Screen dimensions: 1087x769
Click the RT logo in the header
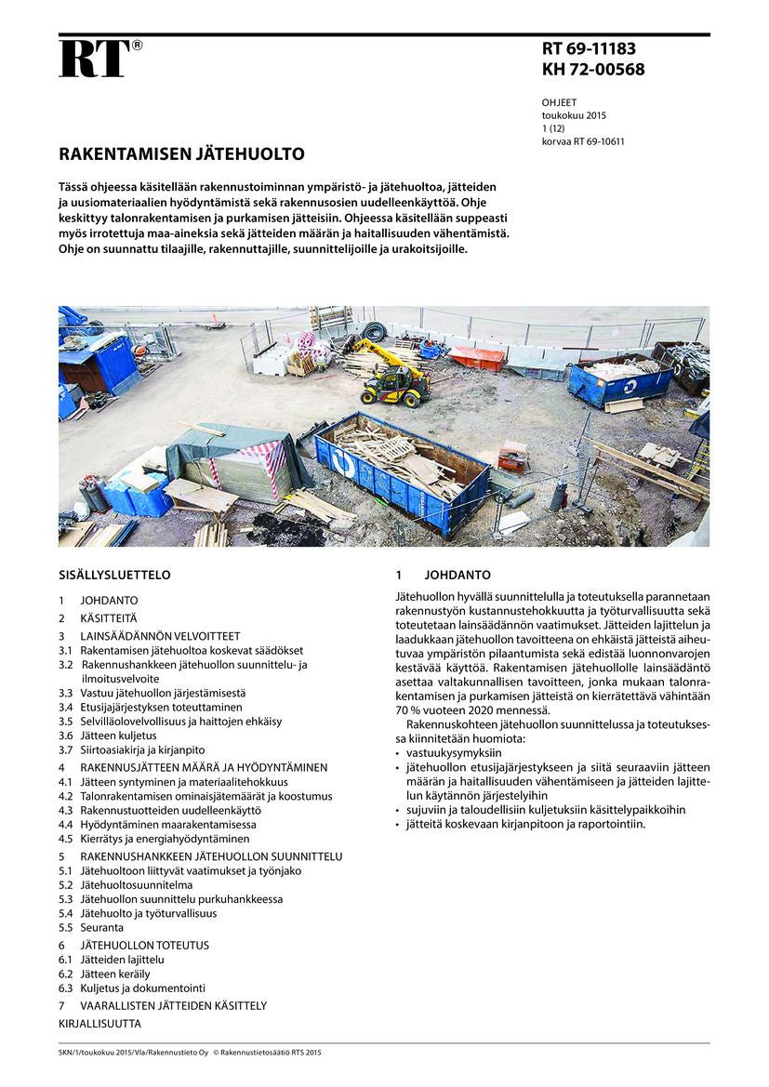[x=93, y=59]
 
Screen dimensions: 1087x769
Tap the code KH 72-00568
[x=594, y=70]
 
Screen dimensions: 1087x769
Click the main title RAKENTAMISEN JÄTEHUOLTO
[x=181, y=152]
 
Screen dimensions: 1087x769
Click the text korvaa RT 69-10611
[x=582, y=142]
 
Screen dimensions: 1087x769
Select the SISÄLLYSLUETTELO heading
[x=114, y=576]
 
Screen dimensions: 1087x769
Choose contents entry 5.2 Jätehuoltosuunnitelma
[x=126, y=885]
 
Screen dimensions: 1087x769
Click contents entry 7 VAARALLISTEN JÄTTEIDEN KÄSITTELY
[x=163, y=1005]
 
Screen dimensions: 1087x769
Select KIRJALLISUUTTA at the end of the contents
[x=99, y=1023]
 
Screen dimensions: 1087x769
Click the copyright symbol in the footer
[x=215, y=1053]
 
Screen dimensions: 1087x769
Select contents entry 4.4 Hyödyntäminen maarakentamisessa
[x=156, y=825]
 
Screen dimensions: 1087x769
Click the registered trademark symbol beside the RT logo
[x=137, y=45]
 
